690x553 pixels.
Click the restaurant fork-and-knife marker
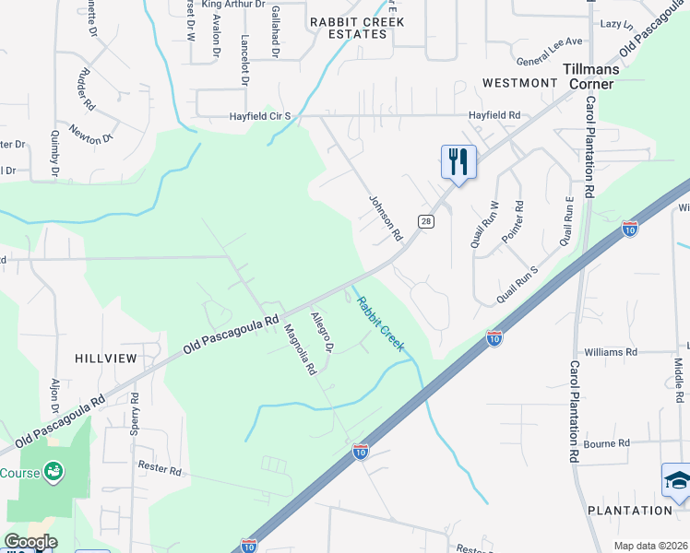(x=458, y=163)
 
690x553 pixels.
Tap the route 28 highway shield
(x=425, y=221)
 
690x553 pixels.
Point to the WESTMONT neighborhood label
(x=519, y=83)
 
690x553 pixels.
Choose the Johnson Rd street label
(x=387, y=218)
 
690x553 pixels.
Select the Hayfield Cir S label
(x=261, y=116)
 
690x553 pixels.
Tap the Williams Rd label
(x=611, y=352)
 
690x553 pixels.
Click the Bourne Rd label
(x=607, y=443)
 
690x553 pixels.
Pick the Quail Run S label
(x=517, y=285)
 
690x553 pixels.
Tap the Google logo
(x=30, y=542)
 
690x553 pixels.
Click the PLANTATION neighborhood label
(x=631, y=510)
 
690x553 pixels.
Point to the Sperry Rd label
(x=135, y=412)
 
